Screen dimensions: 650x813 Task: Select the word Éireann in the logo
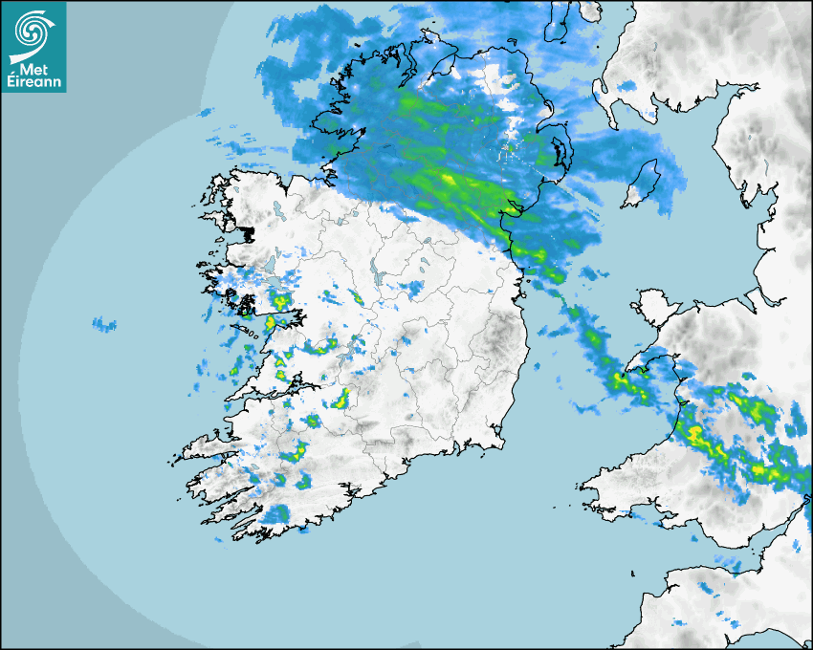pos(34,82)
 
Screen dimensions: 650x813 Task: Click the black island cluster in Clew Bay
pos(247,232)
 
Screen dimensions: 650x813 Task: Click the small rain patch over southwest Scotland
pos(627,87)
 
